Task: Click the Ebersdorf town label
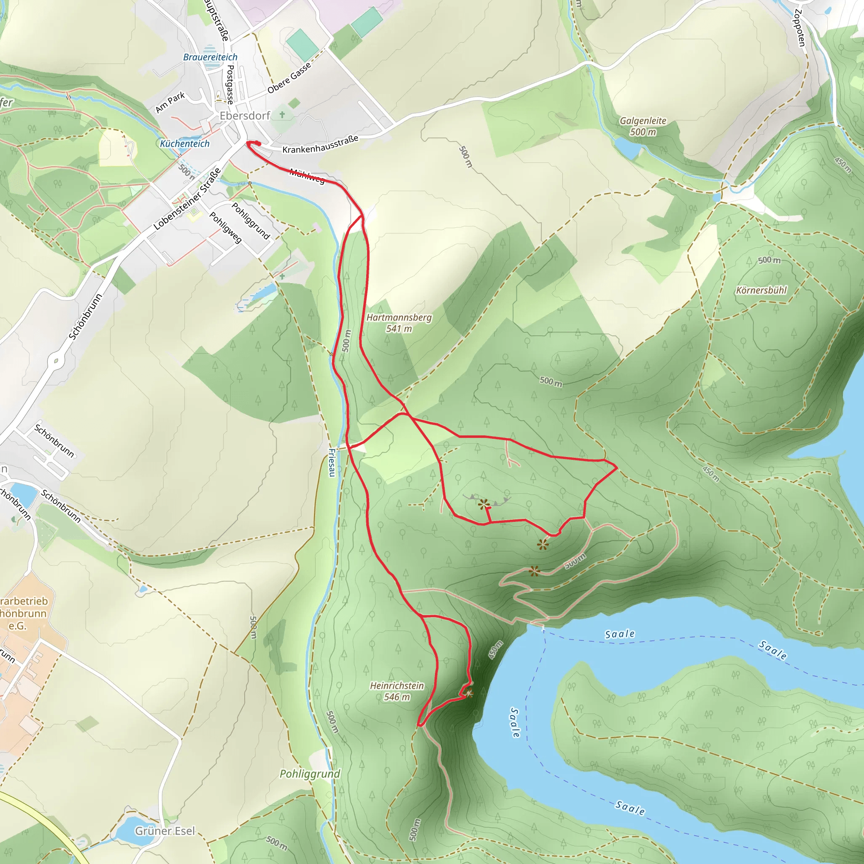[x=245, y=116]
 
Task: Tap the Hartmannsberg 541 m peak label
[x=399, y=323]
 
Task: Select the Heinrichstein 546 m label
[x=397, y=691]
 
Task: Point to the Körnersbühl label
[x=761, y=290]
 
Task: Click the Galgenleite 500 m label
[x=643, y=126]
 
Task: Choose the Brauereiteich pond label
[x=210, y=57]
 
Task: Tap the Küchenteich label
[x=185, y=143]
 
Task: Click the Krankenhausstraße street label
[x=320, y=144]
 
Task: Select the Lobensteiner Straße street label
[x=187, y=199]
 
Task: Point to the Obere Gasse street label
[x=289, y=78]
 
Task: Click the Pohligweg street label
[x=226, y=227]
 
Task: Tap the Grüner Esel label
[x=165, y=831]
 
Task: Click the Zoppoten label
[x=799, y=28]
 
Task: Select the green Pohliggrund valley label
[x=310, y=774]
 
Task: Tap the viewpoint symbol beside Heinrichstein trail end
[x=469, y=694]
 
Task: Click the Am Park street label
[x=170, y=103]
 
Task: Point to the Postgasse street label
[x=230, y=84]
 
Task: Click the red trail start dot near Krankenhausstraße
[x=257, y=143]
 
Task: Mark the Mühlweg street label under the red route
[x=307, y=176]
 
